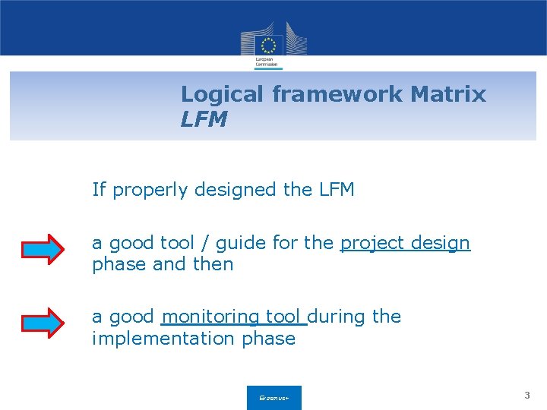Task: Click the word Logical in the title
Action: (223, 95)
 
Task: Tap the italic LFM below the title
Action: (204, 119)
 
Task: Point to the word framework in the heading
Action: (337, 95)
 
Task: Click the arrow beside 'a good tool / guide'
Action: (43, 249)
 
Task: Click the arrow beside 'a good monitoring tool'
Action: (43, 323)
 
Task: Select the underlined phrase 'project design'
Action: (405, 243)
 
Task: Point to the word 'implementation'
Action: (164, 339)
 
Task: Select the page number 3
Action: (527, 396)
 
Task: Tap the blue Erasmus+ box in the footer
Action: (273, 397)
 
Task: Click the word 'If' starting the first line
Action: (99, 189)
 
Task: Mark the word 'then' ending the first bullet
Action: (213, 264)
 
